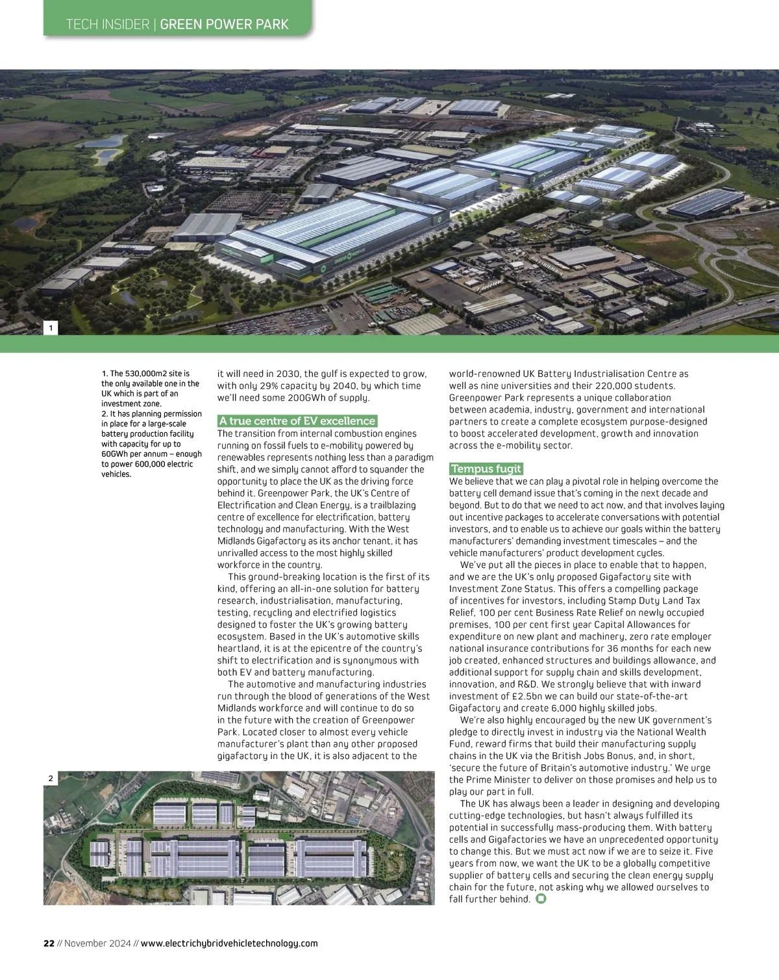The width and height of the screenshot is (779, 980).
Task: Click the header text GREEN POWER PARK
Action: click(x=224, y=25)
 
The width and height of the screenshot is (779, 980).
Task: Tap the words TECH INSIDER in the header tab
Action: click(x=108, y=25)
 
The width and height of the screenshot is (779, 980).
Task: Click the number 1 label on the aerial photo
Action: click(x=51, y=328)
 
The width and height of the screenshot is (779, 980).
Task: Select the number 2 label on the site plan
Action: click(x=51, y=778)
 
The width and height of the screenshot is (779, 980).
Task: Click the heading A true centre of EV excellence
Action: click(x=297, y=421)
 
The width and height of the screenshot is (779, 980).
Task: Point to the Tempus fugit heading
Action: click(x=486, y=469)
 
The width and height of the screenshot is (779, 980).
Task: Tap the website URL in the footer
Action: click(x=229, y=943)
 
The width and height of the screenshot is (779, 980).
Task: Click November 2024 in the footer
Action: click(x=97, y=943)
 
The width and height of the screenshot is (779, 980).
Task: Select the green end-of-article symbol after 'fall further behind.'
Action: click(x=541, y=899)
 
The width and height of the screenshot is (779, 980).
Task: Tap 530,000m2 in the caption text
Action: click(x=147, y=374)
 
